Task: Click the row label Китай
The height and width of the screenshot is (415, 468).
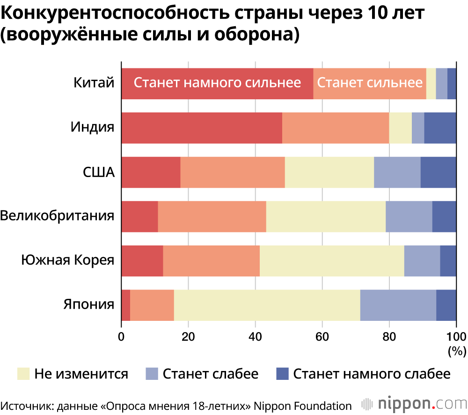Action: point(94,83)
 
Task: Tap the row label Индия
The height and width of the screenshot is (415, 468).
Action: point(92,127)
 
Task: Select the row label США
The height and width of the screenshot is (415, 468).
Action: point(98,172)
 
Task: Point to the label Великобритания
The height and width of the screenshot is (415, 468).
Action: point(58,216)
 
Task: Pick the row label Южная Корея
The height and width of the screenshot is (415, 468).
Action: point(68,260)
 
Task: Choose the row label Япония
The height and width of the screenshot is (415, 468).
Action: point(89,304)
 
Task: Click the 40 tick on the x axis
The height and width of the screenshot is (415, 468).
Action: point(255,336)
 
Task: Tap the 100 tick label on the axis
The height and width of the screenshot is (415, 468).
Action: point(456,336)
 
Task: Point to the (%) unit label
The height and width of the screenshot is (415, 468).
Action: point(457,350)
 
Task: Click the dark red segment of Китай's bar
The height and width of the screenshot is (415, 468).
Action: point(217,83)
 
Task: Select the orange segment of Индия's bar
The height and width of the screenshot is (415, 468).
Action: point(336,127)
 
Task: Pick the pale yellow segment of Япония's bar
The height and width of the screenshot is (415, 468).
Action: point(267,304)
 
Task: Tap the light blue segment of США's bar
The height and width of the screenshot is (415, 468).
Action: point(397,172)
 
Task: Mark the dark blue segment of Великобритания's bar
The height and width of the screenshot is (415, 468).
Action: point(444,216)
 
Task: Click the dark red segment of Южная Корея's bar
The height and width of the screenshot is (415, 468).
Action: point(142,260)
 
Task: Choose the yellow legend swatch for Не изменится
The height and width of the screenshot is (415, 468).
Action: point(23,374)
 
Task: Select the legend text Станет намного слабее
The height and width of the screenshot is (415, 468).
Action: point(372,374)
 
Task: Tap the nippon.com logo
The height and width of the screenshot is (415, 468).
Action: point(414,404)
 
